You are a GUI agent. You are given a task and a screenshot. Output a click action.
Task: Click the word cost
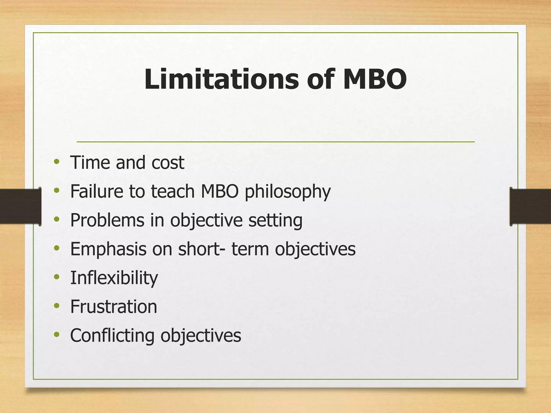168,163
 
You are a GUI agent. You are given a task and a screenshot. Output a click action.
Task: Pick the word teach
173,191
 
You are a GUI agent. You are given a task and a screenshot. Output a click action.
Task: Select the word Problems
107,220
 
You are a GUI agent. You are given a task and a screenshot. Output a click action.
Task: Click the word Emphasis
108,249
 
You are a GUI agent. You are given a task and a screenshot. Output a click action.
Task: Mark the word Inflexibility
114,278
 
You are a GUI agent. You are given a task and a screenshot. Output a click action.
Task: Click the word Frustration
114,307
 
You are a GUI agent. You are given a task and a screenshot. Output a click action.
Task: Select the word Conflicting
112,336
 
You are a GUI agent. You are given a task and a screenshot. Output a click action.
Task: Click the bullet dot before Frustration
56,306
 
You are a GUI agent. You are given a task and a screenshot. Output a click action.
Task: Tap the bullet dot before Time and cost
56,162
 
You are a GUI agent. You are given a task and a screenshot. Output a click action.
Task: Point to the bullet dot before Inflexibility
56,277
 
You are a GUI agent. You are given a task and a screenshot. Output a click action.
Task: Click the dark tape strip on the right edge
530,206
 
